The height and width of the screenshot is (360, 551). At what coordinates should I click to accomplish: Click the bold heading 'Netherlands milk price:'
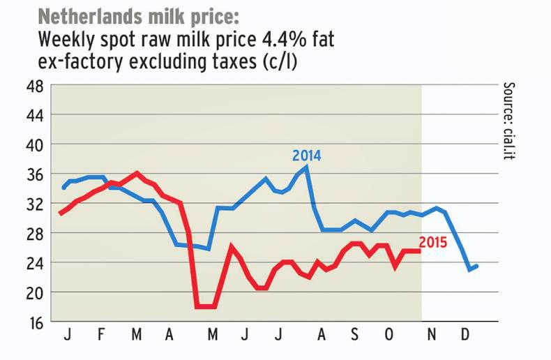138,15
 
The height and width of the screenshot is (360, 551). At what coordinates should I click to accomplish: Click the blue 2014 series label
306,156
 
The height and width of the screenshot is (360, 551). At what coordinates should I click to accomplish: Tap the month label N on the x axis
432,336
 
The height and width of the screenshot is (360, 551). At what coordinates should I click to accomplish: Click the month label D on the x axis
465,336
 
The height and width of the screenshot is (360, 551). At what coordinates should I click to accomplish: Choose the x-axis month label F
101,336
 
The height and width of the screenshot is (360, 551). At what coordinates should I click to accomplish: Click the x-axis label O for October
389,336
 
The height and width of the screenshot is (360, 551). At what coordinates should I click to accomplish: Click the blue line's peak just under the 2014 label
307,167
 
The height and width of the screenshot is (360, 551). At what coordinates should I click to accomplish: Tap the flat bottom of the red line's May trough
206,306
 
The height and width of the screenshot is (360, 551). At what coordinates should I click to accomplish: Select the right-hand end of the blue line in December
477,265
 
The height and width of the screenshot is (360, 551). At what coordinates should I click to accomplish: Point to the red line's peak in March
137,172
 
